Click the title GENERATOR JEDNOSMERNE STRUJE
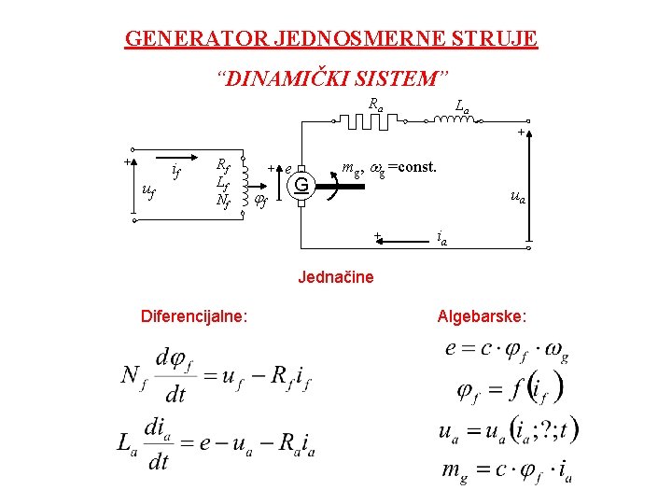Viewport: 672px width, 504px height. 331,39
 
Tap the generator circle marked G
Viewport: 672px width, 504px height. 301,184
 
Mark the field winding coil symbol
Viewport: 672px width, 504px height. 245,179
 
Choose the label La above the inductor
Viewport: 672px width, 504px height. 461,107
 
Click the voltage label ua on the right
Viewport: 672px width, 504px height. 516,197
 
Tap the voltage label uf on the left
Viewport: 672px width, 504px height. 147,191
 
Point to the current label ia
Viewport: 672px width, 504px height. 442,240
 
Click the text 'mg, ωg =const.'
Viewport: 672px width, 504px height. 389,169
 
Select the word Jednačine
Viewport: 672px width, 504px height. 335,276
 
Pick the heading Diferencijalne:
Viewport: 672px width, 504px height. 194,316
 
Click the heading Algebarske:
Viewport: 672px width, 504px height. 482,316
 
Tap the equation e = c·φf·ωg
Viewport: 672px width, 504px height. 508,350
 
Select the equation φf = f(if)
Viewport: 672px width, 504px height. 510,388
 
